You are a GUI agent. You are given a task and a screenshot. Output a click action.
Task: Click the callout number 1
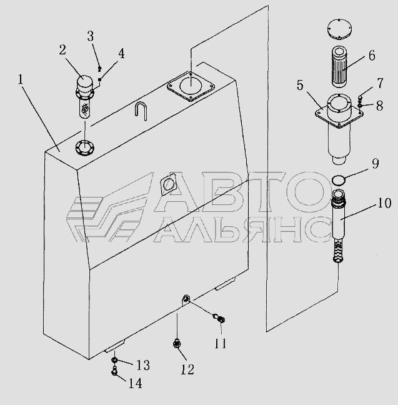tap(21, 79)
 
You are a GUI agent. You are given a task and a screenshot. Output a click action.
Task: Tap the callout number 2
tap(62, 49)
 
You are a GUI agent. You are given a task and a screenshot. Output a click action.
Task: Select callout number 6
tap(372, 55)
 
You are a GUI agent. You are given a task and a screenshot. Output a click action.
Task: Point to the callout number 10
tap(384, 203)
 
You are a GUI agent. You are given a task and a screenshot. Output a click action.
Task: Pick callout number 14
tap(136, 383)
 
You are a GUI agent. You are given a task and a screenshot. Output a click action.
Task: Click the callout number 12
tap(187, 369)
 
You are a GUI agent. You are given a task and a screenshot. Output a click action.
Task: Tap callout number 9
tap(376, 163)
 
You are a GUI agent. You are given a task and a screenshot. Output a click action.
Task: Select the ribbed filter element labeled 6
tap(341, 66)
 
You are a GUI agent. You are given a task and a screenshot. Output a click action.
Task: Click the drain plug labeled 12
tap(177, 344)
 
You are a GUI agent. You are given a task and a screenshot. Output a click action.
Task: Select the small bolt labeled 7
tap(361, 98)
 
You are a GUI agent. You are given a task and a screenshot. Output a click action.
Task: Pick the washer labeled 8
tap(361, 106)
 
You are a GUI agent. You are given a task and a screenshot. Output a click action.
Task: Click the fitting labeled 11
tap(219, 318)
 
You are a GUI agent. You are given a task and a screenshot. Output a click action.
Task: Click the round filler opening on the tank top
tap(85, 148)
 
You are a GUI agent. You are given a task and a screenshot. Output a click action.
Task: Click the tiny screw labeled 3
tap(100, 69)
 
